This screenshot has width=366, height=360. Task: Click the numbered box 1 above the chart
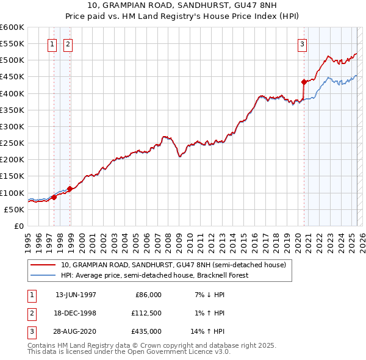52,43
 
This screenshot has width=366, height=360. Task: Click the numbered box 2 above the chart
68,43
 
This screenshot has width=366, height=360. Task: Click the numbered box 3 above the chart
302,43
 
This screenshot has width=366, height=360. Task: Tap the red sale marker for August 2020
304,81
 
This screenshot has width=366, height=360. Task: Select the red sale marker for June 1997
54,197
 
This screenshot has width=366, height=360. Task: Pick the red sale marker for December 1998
70,189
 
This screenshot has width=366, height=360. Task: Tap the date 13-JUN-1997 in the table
76,295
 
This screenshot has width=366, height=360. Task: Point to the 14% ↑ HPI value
208,331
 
